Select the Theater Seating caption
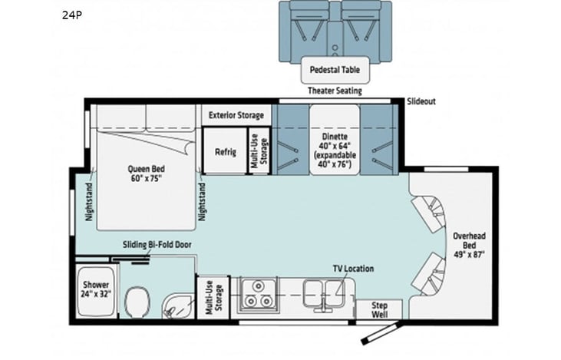point(335,91)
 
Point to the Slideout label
point(421,101)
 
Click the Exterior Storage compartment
point(236,115)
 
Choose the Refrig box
point(224,150)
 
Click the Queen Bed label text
point(146,173)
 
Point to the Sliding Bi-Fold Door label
point(157,245)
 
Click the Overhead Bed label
point(467,241)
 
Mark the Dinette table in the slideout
point(334,150)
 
